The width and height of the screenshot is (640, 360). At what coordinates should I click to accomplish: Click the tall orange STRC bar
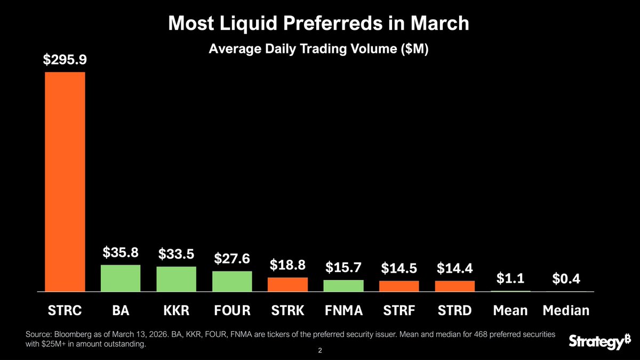click(x=65, y=181)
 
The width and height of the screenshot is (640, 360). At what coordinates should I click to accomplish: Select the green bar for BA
click(x=121, y=278)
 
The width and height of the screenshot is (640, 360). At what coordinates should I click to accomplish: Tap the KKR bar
click(x=176, y=279)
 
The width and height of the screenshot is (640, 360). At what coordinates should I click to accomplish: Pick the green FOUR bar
click(x=232, y=281)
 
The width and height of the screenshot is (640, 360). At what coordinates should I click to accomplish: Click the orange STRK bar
click(x=287, y=284)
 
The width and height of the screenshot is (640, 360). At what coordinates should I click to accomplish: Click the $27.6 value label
click(x=232, y=258)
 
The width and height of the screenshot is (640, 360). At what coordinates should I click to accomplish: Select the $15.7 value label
click(x=343, y=267)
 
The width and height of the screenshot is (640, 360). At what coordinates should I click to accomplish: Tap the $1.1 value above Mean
click(x=510, y=278)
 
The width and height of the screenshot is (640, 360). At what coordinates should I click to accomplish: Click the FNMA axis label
click(x=343, y=310)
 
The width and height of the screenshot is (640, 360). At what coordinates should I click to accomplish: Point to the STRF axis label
click(x=399, y=310)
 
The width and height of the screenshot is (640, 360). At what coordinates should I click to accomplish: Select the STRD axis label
click(x=455, y=310)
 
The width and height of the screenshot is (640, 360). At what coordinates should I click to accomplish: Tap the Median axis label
click(x=566, y=310)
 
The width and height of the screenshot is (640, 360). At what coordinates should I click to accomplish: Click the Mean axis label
click(x=510, y=310)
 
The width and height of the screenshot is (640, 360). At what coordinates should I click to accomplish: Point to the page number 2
click(x=320, y=351)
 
